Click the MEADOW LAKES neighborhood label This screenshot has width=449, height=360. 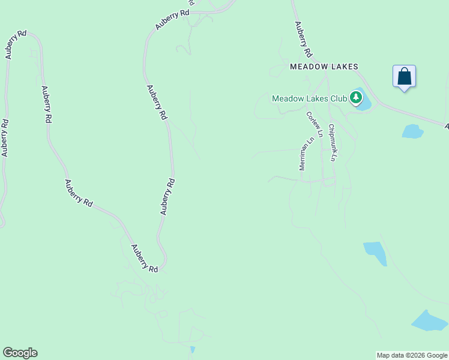click(324, 67)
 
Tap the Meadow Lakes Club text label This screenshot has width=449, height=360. click(309, 98)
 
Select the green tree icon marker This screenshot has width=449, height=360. click(357, 97)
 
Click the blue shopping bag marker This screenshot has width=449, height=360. click(404, 76)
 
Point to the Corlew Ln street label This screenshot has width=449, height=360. click(315, 124)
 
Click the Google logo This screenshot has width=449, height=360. click(20, 353)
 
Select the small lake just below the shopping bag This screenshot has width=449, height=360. click(412, 131)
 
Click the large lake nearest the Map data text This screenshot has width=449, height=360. click(429, 321)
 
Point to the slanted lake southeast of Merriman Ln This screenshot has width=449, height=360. click(376, 252)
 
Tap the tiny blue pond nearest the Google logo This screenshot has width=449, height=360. click(192, 349)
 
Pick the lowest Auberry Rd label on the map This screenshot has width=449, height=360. click(144, 259)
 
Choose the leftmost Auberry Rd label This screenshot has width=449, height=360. click(5, 138)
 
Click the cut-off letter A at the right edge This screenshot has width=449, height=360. click(446, 127)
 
